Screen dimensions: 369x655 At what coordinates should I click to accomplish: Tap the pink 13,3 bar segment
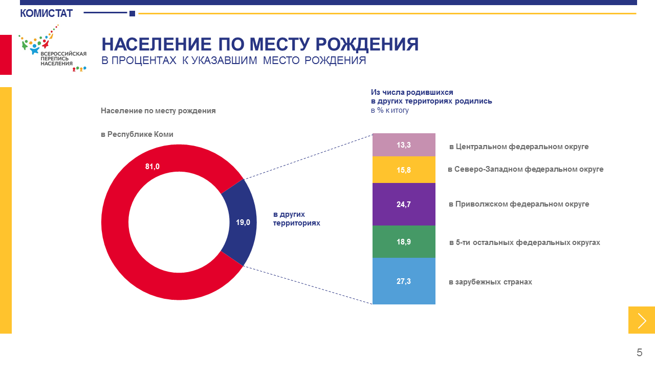point(404,145)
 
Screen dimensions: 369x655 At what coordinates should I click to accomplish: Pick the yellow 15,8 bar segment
point(404,170)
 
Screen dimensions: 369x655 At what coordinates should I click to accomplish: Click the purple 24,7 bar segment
point(404,204)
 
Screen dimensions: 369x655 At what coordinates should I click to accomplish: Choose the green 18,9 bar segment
point(404,242)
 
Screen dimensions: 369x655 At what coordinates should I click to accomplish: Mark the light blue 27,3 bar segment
point(404,281)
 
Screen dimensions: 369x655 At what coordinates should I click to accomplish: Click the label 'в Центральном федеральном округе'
point(519,147)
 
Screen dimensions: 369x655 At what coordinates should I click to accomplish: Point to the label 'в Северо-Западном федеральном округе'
point(526,169)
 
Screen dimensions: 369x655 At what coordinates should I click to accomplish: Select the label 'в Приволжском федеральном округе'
point(519,204)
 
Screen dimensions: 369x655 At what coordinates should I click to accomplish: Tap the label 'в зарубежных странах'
point(490,282)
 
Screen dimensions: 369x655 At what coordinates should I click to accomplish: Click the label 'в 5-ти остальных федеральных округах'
point(525,242)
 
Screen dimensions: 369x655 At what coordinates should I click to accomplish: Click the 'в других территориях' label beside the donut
point(296,219)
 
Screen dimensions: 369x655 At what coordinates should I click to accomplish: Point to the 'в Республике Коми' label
point(137,134)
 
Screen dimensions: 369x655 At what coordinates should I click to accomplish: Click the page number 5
point(639,353)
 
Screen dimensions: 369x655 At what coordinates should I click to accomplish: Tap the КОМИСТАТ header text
point(46,13)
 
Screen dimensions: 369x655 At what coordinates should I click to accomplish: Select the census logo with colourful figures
point(53,48)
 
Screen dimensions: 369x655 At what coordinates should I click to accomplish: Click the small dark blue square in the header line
point(132,13)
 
